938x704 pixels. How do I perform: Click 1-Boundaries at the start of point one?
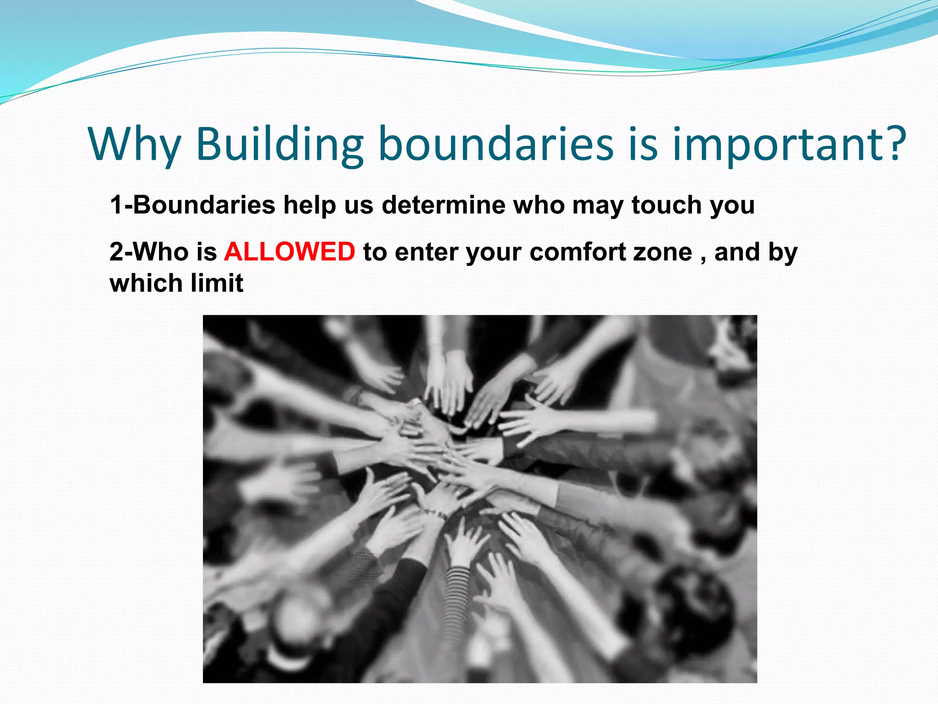pos(192,204)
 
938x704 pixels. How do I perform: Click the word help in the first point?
pos(310,205)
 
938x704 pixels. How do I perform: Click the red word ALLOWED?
pos(289,252)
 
